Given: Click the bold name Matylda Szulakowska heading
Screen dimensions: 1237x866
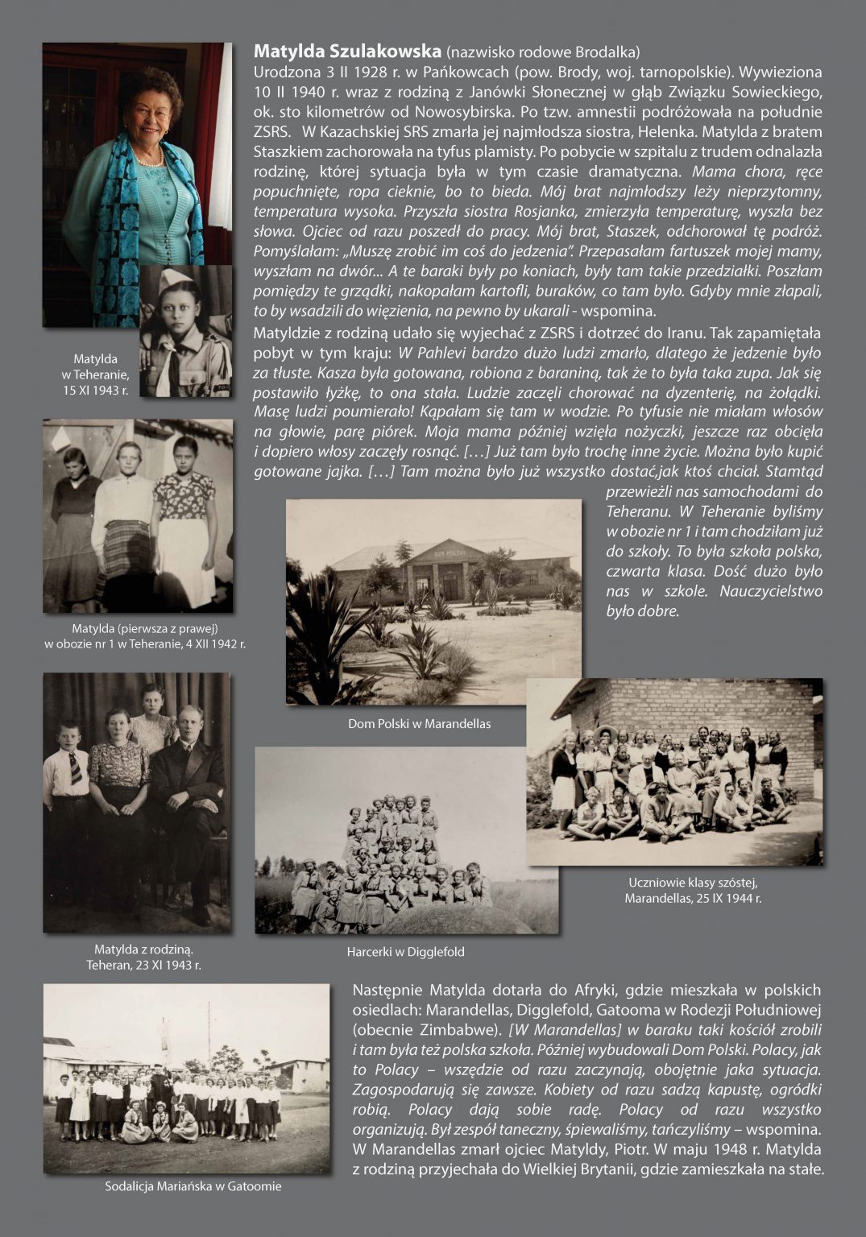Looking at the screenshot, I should (x=348, y=52).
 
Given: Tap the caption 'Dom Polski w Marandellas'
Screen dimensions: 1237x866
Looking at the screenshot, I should (x=419, y=724).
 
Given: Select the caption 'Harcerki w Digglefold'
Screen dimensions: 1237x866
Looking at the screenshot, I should (x=405, y=952).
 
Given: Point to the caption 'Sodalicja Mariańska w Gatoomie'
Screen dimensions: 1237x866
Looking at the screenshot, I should (x=193, y=1186).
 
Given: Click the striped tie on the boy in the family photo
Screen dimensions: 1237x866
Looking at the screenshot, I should (x=75, y=768).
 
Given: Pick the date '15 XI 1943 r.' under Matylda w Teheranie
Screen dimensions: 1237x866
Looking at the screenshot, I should (x=96, y=390).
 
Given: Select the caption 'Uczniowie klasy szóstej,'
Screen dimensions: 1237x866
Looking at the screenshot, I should (x=693, y=883).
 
